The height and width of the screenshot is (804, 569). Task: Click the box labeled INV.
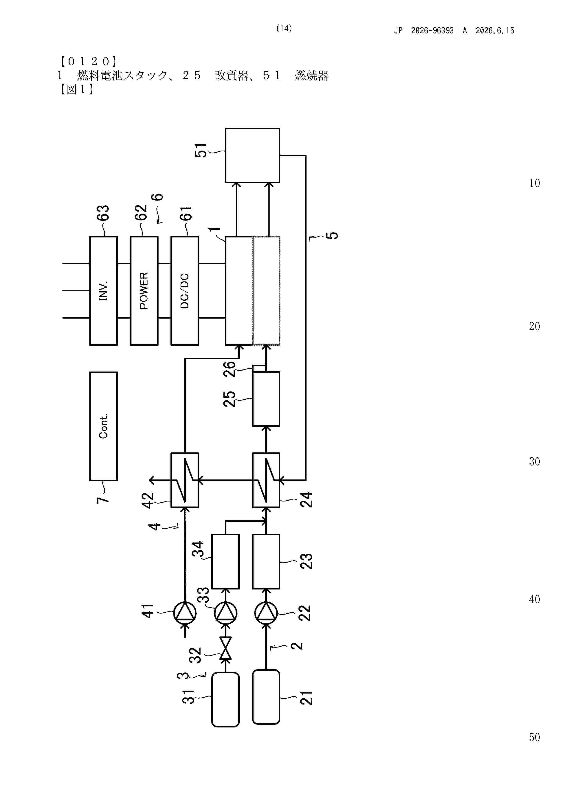click(x=103, y=291)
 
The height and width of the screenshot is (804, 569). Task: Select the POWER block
click(x=144, y=291)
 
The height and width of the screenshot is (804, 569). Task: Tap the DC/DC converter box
click(x=185, y=291)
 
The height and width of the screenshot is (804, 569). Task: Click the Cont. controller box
click(x=103, y=426)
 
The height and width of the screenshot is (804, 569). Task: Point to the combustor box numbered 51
click(x=252, y=155)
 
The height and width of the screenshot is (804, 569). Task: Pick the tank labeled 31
click(x=226, y=699)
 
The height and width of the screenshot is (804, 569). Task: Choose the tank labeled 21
click(x=266, y=697)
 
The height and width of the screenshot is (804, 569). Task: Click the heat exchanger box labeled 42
click(x=185, y=480)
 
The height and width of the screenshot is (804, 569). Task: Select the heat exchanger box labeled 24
click(x=266, y=480)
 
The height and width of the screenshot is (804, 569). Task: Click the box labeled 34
click(x=226, y=561)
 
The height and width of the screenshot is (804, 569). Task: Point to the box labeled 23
click(x=266, y=561)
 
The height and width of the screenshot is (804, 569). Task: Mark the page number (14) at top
click(x=284, y=28)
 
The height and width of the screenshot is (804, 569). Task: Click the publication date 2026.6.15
click(x=495, y=30)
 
